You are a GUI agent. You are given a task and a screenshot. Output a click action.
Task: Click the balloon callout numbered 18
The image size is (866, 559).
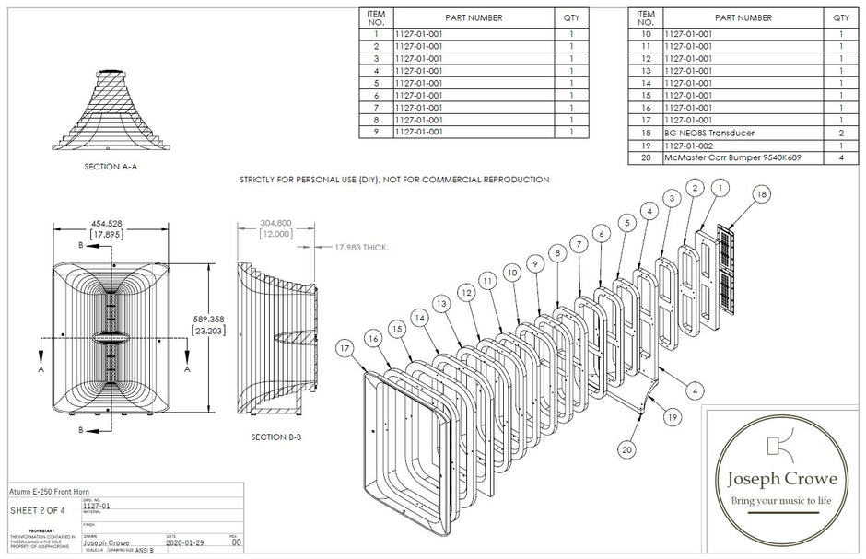761,194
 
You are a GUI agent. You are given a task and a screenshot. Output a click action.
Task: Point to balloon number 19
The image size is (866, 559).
674,416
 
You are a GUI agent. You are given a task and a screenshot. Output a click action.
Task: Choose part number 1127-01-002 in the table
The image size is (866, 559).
688,146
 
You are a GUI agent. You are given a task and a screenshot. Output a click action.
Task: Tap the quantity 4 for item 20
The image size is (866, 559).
840,157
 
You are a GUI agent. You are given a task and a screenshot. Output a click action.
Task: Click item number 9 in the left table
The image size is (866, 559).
376,132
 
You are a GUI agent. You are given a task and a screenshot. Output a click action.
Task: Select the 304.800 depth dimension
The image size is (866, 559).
275,223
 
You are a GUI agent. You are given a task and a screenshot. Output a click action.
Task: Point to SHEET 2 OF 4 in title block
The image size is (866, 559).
36,509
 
